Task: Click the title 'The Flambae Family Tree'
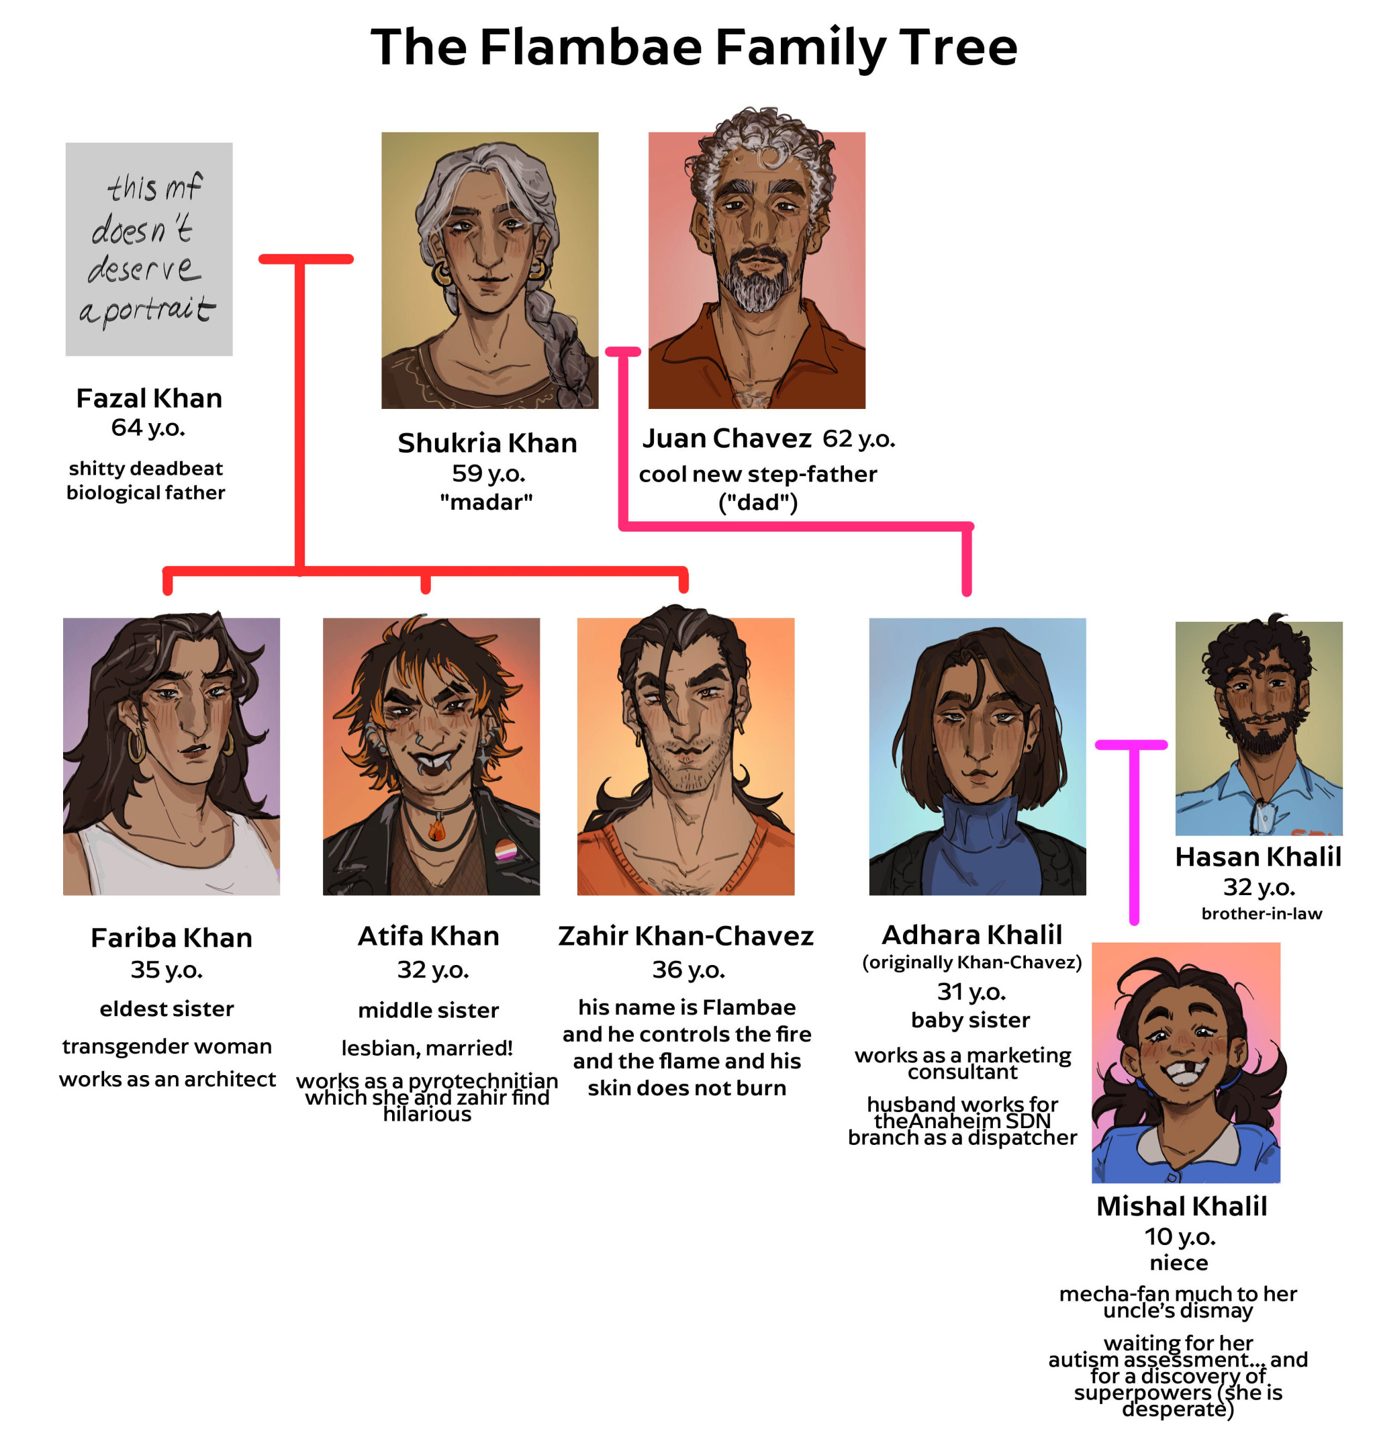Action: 694,48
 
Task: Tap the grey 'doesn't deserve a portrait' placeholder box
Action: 149,249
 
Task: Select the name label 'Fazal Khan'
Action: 149,399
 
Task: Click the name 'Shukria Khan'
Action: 487,443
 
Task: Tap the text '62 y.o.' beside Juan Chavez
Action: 858,438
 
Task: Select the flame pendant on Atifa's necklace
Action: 436,830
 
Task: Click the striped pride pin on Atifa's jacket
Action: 505,850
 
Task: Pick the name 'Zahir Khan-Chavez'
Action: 685,936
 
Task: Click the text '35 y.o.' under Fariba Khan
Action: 167,970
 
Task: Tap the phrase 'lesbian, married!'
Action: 427,1048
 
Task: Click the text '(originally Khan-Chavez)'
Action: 971,962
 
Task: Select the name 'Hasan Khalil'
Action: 1258,857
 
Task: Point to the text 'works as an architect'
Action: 167,1079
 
